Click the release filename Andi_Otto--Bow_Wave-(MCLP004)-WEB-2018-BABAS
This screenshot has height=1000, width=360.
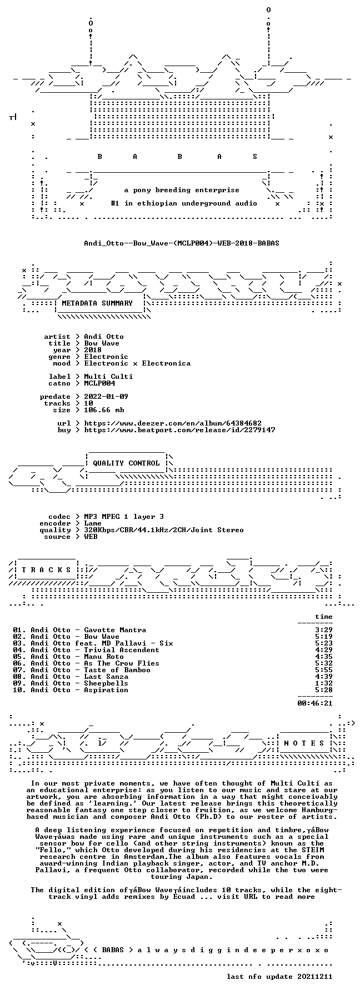[182, 243]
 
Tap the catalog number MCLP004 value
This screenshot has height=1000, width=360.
[99, 383]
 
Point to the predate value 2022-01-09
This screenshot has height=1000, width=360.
[106, 396]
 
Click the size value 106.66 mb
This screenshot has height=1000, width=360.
[104, 409]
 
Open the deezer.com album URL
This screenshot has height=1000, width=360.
[173, 423]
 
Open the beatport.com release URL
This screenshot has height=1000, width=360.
[179, 429]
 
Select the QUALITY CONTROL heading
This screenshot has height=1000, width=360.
[126, 463]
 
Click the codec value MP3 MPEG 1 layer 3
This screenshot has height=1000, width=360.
[124, 516]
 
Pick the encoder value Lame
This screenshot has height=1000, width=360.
[93, 523]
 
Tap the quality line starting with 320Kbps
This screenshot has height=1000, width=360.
[164, 529]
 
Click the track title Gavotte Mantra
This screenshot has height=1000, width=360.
[115, 629]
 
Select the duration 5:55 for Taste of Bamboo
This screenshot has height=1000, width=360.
[324, 669]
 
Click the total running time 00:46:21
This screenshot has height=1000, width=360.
[315, 703]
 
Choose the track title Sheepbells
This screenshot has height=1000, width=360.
[106, 683]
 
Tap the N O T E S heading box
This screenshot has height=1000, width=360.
[304, 743]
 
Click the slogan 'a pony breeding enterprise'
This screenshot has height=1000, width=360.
[182, 189]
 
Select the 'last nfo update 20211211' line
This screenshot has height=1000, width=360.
[279, 976]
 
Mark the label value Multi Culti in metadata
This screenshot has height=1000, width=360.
[108, 376]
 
